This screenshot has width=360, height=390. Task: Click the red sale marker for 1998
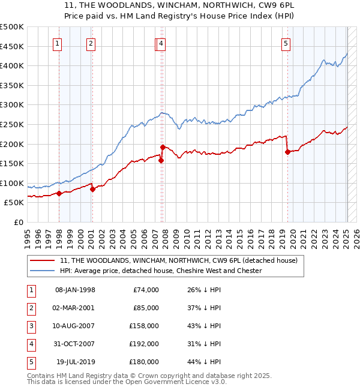coord(59,193)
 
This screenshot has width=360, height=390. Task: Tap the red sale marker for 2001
coord(92,189)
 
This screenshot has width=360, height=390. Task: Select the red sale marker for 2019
coord(287,152)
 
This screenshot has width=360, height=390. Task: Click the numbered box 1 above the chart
coord(57,43)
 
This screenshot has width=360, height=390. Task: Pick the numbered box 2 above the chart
coord(91,43)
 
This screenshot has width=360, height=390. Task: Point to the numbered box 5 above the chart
coord(286,43)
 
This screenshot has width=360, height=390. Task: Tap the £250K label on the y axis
coord(12,124)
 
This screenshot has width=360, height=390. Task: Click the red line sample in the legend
coord(43,260)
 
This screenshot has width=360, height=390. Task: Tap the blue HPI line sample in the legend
coord(43,271)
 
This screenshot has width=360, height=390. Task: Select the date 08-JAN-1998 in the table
coord(75,290)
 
